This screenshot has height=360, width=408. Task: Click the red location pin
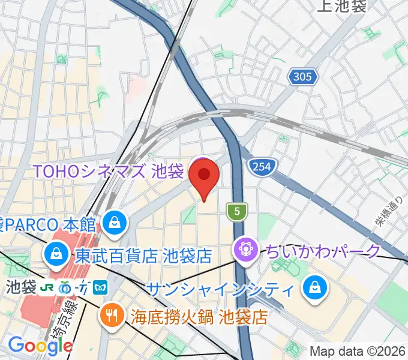(204, 176)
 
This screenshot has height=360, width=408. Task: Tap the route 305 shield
(303, 76)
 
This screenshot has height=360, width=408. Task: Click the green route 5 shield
(238, 211)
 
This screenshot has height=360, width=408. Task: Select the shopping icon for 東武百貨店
(55, 256)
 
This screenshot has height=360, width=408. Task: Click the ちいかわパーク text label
(322, 250)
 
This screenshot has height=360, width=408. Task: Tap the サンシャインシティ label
(220, 289)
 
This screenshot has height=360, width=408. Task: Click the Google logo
(40, 345)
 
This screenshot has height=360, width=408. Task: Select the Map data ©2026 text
(358, 351)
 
